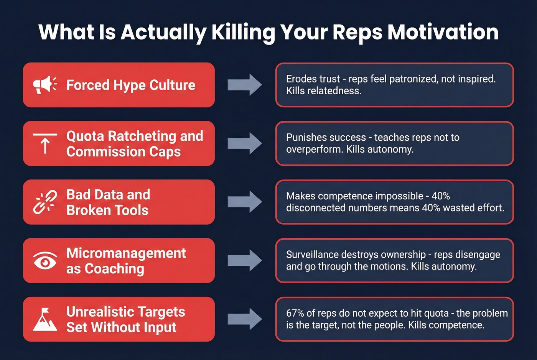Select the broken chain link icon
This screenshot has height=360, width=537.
pos(45,202)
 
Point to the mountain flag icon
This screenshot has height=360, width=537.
pos(45,319)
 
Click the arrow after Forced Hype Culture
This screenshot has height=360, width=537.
pos(245,85)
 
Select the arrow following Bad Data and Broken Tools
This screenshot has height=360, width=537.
pos(245,202)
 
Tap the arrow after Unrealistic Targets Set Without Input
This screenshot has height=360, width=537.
pos(245,319)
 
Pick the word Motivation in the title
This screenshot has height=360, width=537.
pos(443,32)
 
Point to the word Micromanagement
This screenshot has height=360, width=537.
pos(126,253)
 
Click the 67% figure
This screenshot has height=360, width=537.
pos(295,313)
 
